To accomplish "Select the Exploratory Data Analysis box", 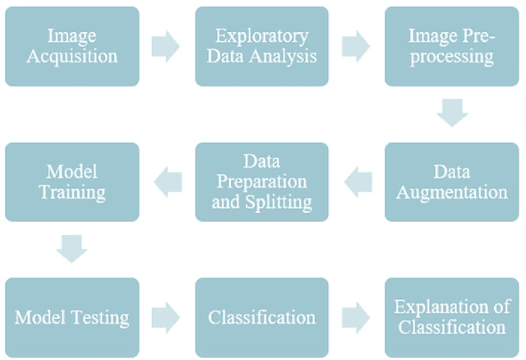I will (261, 46).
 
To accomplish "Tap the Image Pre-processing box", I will (451, 46).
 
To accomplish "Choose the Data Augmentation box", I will (451, 182).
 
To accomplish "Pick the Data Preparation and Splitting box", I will (261, 182).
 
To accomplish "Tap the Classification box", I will (261, 316).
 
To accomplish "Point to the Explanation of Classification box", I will (451, 316).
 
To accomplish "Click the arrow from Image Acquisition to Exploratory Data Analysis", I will (166, 47).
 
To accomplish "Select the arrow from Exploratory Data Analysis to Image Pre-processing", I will (356, 47).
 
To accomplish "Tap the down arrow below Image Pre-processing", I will (451, 113).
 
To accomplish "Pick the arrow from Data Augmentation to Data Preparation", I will (357, 182).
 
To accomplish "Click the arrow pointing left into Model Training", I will (167, 182).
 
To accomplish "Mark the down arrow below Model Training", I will (72, 249).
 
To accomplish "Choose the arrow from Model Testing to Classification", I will (166, 317).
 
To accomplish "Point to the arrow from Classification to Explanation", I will (356, 317).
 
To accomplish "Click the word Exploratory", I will (261, 36).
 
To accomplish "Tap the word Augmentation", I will (451, 192).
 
